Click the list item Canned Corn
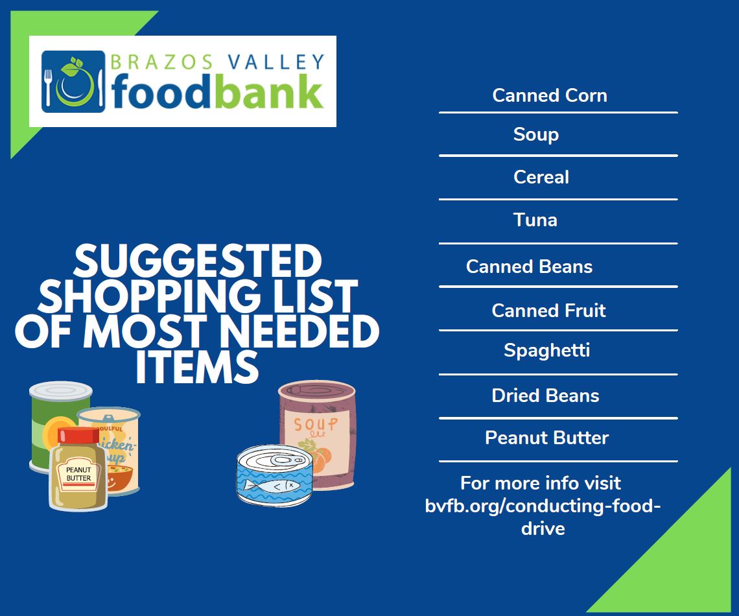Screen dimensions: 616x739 [550, 95]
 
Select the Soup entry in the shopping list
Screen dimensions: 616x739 [536, 134]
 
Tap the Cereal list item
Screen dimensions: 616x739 [541, 177]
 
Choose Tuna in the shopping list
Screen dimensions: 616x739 [535, 220]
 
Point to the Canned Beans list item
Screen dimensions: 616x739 [529, 267]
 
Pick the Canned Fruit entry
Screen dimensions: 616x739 [548, 311]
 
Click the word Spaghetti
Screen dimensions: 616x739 [546, 351]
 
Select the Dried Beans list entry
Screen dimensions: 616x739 [545, 396]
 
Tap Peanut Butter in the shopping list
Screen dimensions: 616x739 [547, 438]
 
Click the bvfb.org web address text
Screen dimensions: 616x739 [543, 506]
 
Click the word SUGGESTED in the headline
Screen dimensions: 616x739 [198, 261]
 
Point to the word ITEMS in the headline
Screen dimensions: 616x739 [197, 368]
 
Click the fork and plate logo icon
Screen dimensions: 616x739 [73, 82]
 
